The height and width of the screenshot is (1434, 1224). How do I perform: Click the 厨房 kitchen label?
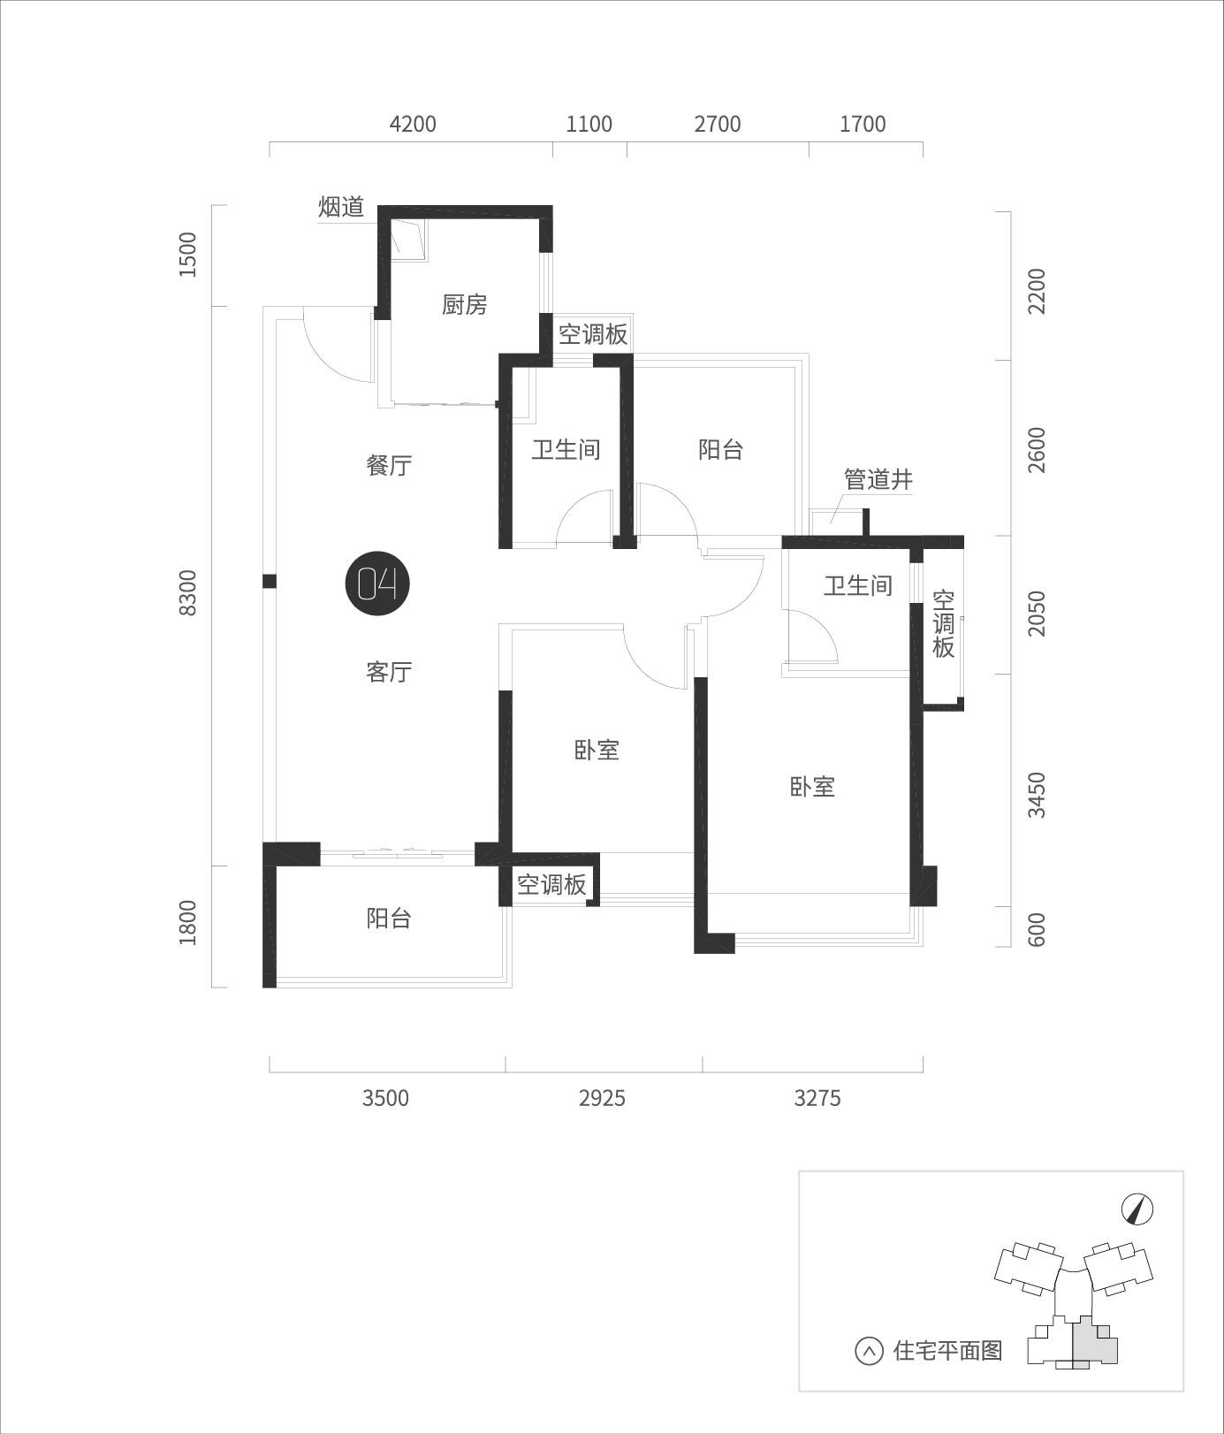point(465,305)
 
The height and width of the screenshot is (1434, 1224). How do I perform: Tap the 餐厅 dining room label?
point(389,465)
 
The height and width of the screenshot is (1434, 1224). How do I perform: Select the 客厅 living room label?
point(389,672)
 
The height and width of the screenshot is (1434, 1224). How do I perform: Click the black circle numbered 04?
point(377,584)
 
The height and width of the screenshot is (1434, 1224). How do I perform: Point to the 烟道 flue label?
point(341,208)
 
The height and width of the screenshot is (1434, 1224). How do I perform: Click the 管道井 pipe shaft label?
point(878,480)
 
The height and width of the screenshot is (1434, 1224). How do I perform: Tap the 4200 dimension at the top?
point(413,124)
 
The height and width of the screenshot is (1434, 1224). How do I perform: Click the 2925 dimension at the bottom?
point(602,1098)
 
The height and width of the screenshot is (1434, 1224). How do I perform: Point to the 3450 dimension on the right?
point(1037,795)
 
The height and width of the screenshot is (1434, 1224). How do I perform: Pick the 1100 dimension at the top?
point(589,124)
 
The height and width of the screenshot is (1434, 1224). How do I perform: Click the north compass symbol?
point(1138,1209)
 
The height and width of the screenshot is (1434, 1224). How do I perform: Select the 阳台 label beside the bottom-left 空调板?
point(389,919)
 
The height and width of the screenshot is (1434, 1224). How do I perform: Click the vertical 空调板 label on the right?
point(944,624)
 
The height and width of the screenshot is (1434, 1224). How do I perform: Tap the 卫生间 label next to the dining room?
point(566,449)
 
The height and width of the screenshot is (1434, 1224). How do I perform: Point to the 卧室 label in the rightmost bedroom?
point(812,787)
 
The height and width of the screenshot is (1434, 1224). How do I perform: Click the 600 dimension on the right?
point(1037,929)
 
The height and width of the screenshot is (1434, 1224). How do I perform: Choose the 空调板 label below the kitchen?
point(593,334)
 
